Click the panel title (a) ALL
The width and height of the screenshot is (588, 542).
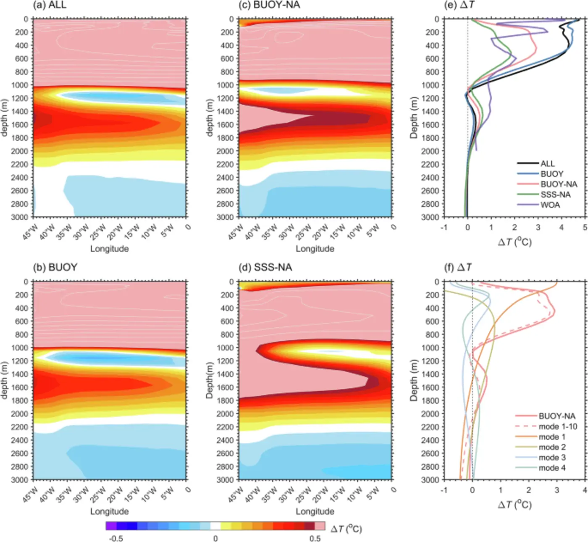(50, 5)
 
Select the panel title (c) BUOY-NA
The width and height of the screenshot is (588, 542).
(271, 5)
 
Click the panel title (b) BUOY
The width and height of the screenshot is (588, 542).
(55, 268)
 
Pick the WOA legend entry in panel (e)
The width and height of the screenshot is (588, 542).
(550, 205)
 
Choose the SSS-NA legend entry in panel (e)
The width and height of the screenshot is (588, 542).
(555, 195)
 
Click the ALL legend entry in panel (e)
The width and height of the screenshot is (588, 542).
(547, 163)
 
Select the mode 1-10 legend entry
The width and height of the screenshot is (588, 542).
(558, 426)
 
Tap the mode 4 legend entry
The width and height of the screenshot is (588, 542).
(552, 468)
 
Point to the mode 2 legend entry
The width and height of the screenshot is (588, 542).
(552, 447)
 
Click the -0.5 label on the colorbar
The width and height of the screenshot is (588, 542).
(116, 539)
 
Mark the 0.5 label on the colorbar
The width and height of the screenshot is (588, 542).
(315, 539)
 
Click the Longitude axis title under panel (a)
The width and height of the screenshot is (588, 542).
(109, 249)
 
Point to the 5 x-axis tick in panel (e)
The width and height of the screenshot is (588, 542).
(585, 227)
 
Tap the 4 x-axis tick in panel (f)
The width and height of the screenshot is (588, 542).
(585, 490)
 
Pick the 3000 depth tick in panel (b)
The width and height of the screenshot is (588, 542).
(20, 480)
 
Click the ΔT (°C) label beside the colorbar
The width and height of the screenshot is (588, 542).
(346, 529)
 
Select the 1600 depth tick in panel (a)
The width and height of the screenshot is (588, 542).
(20, 125)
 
